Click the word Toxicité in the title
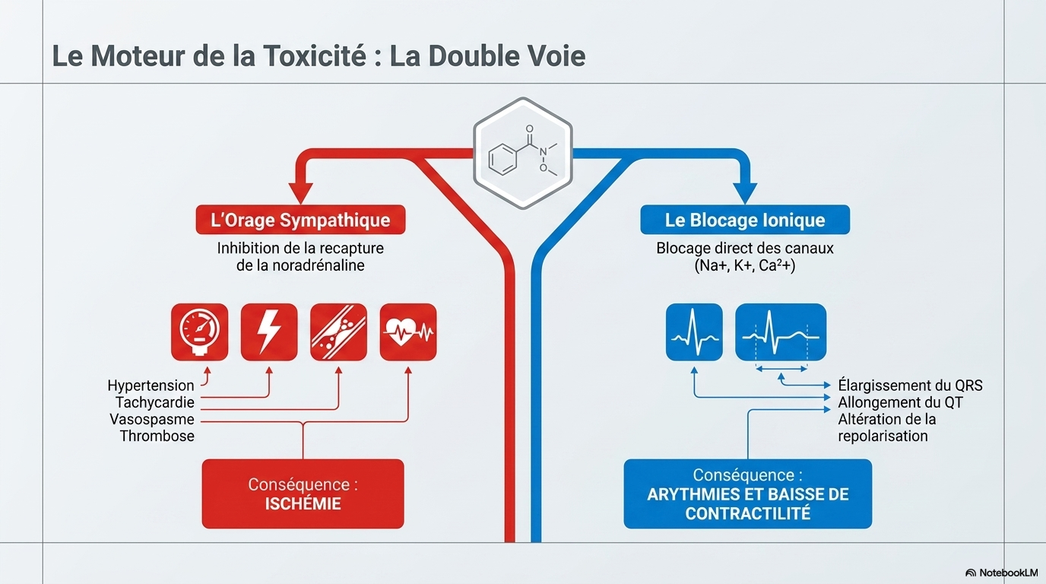click(315, 56)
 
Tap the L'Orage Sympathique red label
click(300, 220)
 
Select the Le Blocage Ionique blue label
click(745, 220)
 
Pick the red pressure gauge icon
click(199, 332)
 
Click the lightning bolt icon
click(269, 332)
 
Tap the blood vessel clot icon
click(338, 332)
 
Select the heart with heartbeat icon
click(408, 332)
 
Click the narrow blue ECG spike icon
click(694, 332)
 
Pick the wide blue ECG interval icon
click(781, 332)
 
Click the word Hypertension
click(151, 386)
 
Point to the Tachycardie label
click(155, 402)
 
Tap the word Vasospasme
click(152, 419)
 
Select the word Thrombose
click(157, 436)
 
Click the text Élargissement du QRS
click(910, 386)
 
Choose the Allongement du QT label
click(900, 402)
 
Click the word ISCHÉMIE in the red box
click(303, 503)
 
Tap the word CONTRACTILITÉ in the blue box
click(747, 513)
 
